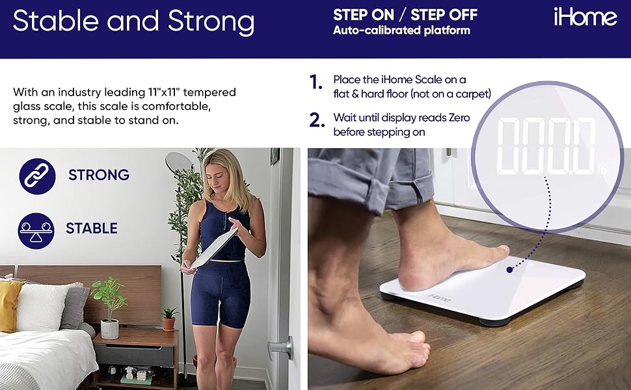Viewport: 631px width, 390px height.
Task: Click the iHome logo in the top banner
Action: [585, 17]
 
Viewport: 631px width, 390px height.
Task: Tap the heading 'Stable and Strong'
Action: [133, 21]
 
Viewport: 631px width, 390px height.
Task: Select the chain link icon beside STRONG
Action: [36, 175]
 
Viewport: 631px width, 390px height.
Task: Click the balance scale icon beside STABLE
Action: [36, 229]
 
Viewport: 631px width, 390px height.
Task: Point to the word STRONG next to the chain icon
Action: [99, 175]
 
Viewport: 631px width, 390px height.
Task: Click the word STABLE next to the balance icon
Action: [92, 229]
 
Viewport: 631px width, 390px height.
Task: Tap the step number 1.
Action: [316, 83]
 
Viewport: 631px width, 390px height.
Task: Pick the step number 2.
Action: [317, 120]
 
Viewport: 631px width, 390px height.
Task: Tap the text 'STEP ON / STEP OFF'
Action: [405, 14]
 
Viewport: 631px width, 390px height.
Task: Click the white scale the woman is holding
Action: [215, 247]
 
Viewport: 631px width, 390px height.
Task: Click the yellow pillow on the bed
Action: [10, 304]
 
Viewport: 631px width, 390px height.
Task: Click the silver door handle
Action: [282, 348]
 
